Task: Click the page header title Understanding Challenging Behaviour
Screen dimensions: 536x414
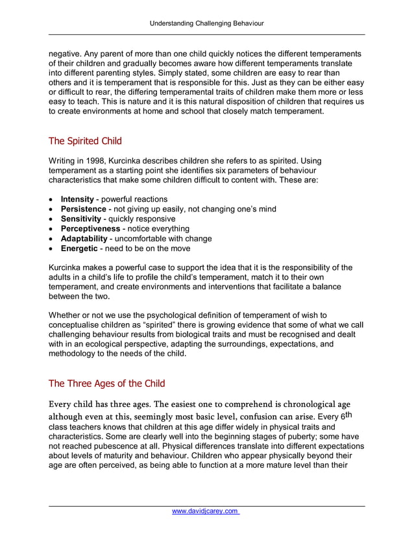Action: (x=206, y=23)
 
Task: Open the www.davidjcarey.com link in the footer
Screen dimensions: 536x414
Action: (x=206, y=512)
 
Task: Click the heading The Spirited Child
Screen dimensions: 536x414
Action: (x=85, y=140)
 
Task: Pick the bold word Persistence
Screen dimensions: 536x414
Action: (x=84, y=209)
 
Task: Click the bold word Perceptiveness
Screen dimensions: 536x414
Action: (x=90, y=228)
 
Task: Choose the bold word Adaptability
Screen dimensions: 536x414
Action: (x=84, y=238)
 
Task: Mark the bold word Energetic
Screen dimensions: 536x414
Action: (x=80, y=248)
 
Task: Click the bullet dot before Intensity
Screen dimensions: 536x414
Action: (x=51, y=199)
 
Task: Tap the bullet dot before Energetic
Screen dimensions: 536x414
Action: (x=51, y=248)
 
